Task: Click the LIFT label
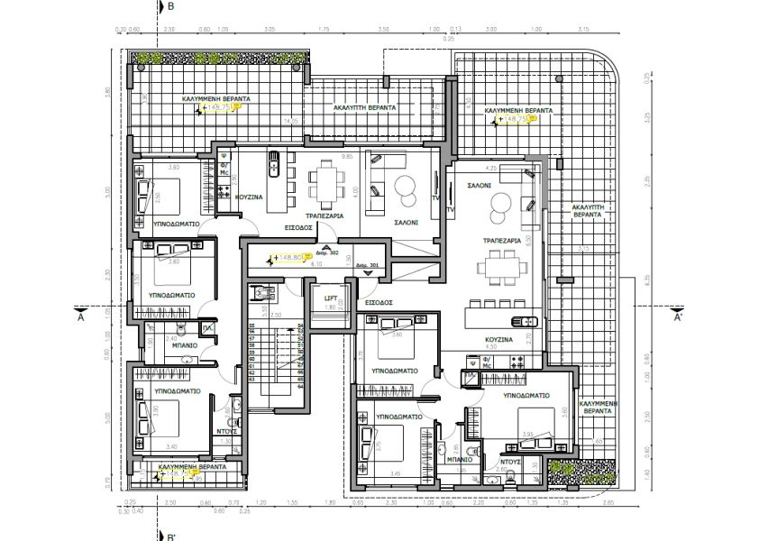pyautogui.click(x=331, y=297)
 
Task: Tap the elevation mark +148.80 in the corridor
pyautogui.click(x=290, y=257)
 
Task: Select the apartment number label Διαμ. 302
pyautogui.click(x=328, y=253)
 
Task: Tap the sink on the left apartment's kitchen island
pyautogui.click(x=274, y=165)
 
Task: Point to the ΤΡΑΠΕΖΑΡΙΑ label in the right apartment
pyautogui.click(x=501, y=242)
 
